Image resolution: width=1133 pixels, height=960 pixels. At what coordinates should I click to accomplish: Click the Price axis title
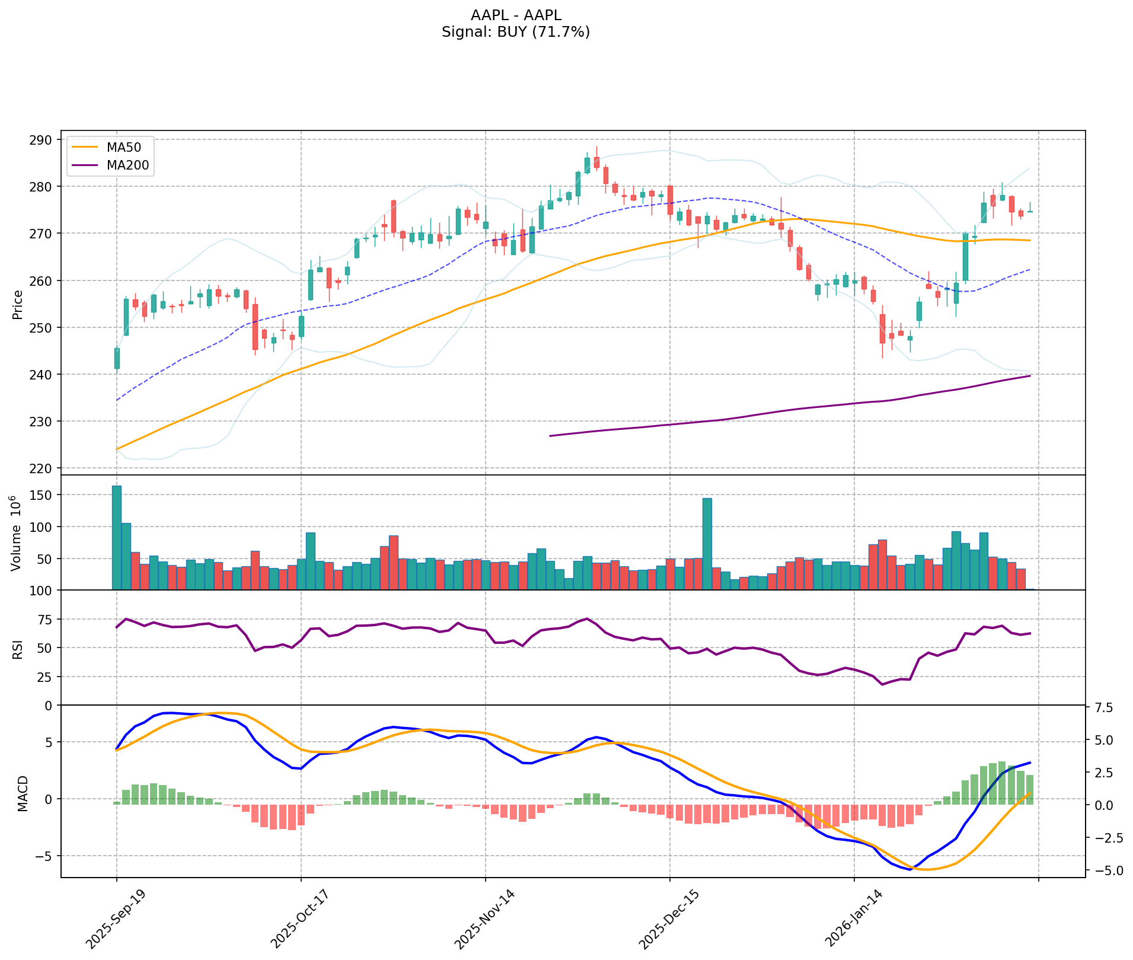point(18,304)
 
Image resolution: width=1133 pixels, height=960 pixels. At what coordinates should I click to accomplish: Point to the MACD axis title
point(22,793)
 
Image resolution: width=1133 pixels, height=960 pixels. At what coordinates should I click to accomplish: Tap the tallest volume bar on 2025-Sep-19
point(117,537)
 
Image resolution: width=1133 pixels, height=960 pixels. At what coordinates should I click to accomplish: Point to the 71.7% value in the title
point(560,32)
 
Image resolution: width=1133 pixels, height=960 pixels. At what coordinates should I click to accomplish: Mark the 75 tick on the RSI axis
point(44,620)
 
